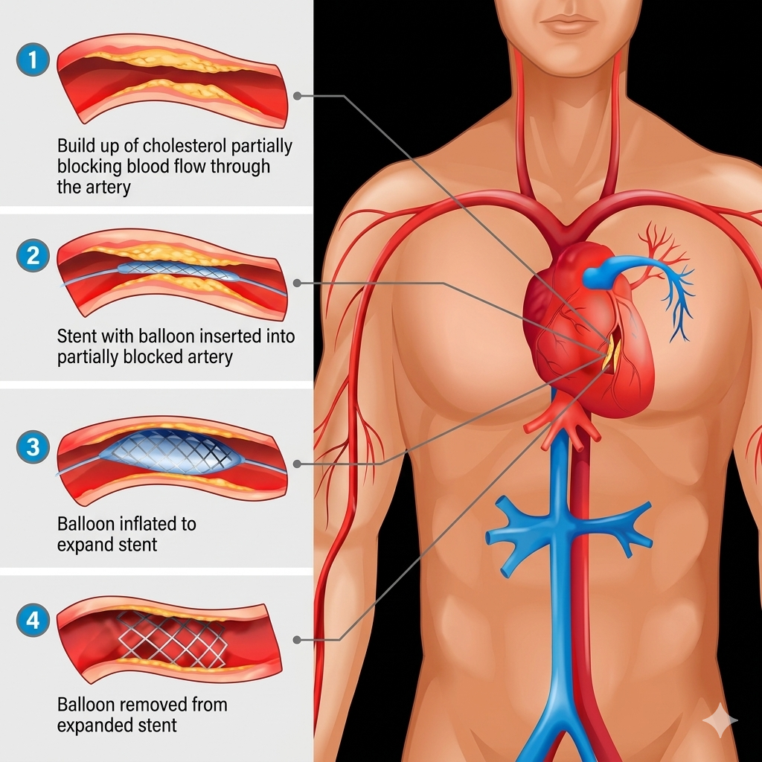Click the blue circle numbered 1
[33, 60]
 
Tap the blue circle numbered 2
[33, 256]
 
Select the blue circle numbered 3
[33, 447]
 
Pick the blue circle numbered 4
[33, 620]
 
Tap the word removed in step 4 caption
[150, 705]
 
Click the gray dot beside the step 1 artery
[297, 96]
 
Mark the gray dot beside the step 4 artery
[297, 639]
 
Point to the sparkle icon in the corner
[720, 720]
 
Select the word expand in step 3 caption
[80, 545]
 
